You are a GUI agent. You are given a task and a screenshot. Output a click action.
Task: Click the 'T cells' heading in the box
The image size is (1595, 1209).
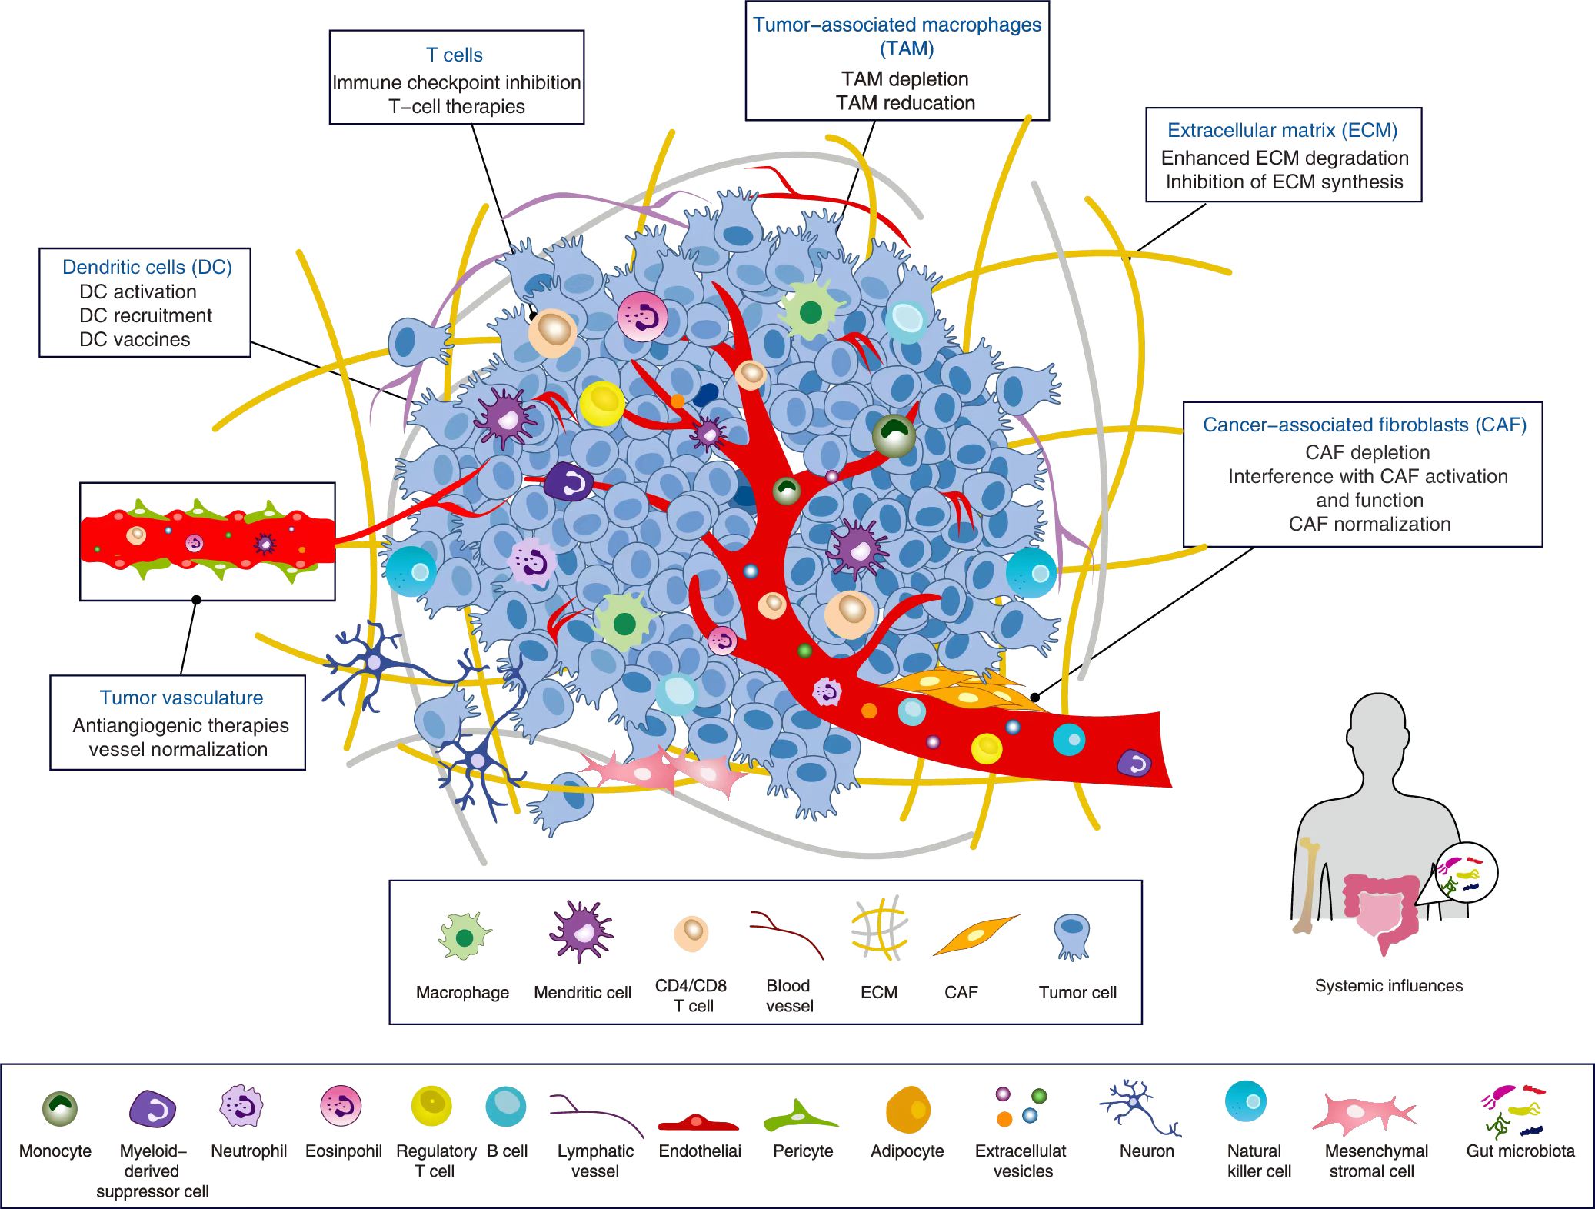click(x=455, y=55)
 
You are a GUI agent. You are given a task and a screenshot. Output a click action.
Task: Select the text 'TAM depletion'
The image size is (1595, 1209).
click(x=904, y=79)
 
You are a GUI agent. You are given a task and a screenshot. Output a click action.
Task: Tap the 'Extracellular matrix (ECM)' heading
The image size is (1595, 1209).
click(x=1282, y=131)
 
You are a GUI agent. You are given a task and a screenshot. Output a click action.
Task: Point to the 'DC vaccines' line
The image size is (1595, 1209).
click(x=135, y=340)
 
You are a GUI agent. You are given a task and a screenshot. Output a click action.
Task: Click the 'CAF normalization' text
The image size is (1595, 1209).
click(x=1369, y=525)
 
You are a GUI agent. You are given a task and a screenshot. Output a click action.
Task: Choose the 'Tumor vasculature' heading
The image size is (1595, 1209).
click(x=181, y=698)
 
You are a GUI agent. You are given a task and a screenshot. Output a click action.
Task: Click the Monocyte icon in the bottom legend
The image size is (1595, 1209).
click(x=59, y=1108)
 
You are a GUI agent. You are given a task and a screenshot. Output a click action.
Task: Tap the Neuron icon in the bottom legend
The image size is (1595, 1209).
click(x=1139, y=1107)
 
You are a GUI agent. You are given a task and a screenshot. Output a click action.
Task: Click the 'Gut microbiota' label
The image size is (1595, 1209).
click(x=1520, y=1151)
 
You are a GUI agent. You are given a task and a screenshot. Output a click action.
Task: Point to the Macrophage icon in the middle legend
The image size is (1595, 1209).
click(x=464, y=937)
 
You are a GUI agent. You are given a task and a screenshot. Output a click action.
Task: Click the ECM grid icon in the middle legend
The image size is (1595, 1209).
click(x=879, y=928)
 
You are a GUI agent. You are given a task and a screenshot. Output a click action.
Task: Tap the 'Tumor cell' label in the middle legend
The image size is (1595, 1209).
click(x=1077, y=993)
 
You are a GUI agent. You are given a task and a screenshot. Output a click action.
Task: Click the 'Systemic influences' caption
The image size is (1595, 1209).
click(x=1388, y=986)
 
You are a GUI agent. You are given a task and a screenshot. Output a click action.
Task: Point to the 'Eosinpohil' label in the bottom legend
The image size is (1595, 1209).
click(x=343, y=1151)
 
